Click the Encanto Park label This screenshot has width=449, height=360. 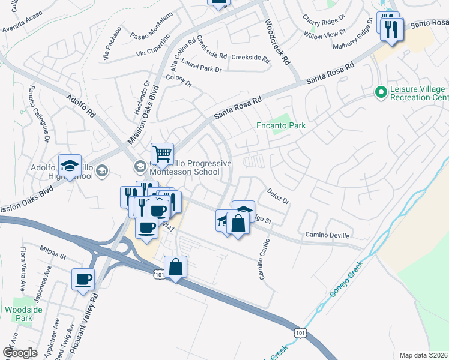tap(281, 125)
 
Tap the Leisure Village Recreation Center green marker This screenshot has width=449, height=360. tap(379, 92)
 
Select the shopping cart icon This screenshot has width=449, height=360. tap(162, 154)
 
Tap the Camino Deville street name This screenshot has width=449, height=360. tap(327, 235)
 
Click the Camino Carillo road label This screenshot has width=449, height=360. tap(263, 265)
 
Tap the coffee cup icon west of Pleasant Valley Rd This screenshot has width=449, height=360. tap(83, 278)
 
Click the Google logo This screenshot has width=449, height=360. tap(20, 352)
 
